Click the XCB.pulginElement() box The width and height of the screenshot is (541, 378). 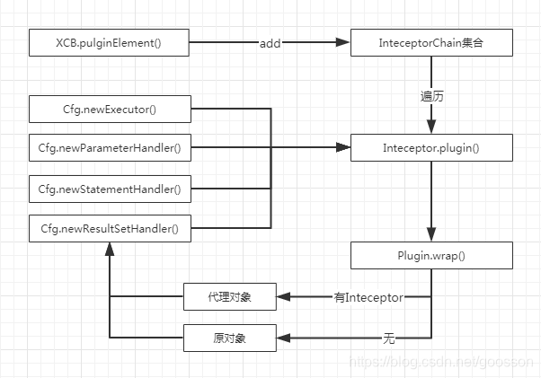coord(109,41)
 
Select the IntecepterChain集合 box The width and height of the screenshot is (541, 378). coord(432,41)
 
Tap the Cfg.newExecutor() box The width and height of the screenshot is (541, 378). coord(109,110)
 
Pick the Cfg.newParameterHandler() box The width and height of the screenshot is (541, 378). coord(109,147)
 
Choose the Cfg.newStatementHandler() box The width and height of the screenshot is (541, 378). coord(109,189)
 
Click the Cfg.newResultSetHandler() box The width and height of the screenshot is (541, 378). coord(109,229)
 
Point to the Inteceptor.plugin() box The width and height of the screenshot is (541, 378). coord(432,147)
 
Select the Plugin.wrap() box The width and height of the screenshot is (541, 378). coord(432,255)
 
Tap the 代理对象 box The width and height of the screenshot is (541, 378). coord(231,296)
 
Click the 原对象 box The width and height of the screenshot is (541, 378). coord(231,338)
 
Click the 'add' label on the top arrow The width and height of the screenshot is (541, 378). coord(270,42)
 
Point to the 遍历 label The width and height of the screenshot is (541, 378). coord(432,95)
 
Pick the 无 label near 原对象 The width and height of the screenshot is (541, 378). coord(389,338)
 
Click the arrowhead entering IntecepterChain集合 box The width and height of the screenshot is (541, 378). coord(343,41)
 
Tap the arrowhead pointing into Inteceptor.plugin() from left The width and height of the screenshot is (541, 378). coord(343,147)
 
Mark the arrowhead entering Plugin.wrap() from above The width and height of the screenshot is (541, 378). coord(432,235)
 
